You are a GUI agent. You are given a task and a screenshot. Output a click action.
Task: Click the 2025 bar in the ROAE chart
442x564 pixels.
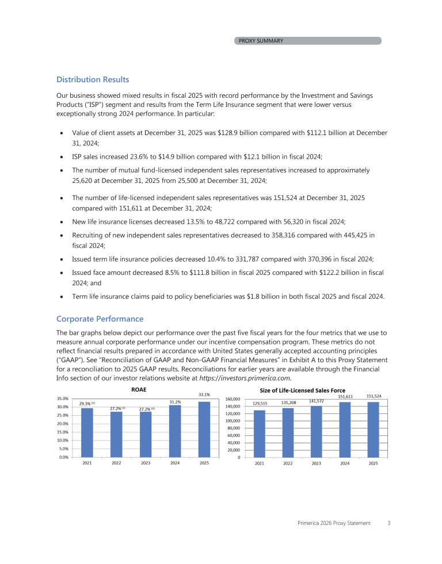tap(204, 429)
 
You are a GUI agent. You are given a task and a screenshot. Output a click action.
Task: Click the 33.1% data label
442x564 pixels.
tap(204, 395)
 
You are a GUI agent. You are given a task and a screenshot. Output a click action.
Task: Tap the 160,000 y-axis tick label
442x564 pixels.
tap(232, 398)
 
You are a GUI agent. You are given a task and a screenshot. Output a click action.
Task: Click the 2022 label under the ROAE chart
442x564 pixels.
tap(116, 463)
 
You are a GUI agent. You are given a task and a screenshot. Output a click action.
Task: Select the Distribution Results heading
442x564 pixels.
tap(93, 79)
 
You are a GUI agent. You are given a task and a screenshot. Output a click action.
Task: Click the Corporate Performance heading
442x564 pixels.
tap(100, 319)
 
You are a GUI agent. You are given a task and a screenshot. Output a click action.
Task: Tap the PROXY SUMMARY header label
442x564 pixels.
tap(261, 41)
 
